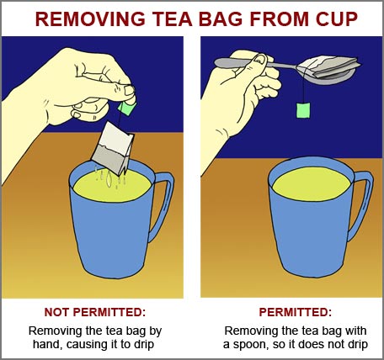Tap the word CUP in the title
tap(337, 19)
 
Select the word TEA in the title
tap(173, 19)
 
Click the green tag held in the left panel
tap(127, 108)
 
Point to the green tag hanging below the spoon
tap(303, 110)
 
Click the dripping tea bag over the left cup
tap(113, 148)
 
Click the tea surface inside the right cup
tap(312, 183)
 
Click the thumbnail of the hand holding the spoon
tap(260, 59)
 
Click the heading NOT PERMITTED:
tap(95, 312)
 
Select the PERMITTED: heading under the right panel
tap(295, 312)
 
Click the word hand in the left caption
tap(45, 344)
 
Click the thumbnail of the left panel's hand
tap(130, 90)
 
